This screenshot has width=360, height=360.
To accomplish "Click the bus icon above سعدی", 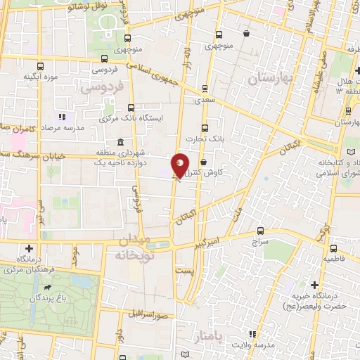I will (x=205, y=89).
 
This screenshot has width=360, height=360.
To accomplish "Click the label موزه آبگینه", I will (x=39, y=75).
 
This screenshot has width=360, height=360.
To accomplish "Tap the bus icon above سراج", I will (x=261, y=230).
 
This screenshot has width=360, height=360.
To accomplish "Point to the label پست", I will (x=184, y=269).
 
